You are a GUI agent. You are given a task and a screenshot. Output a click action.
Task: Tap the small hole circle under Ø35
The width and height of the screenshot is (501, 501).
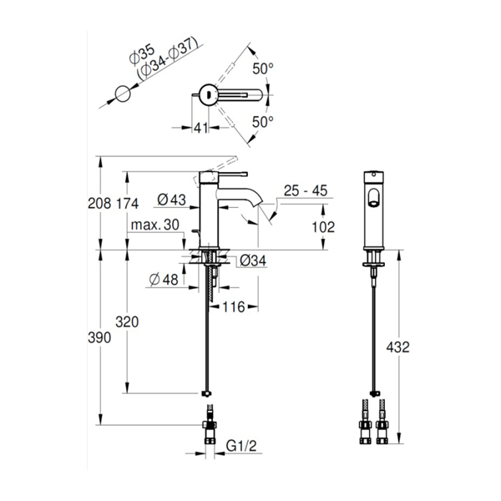pyautogui.click(x=123, y=94)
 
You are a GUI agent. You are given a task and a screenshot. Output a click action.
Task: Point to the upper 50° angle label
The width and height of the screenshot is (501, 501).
pyautogui.click(x=263, y=68)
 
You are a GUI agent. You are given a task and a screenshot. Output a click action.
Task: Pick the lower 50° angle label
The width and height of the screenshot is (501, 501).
pyautogui.click(x=263, y=122)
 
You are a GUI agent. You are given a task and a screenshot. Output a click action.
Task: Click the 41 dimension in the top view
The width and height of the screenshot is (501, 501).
pyautogui.click(x=201, y=128)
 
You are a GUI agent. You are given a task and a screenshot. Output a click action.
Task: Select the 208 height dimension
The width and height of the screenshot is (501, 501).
pyautogui.click(x=99, y=204)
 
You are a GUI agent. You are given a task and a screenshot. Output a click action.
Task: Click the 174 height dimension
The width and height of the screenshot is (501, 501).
pyautogui.click(x=127, y=204)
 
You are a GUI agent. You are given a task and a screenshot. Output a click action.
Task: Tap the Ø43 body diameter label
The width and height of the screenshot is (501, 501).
pyautogui.click(x=171, y=200)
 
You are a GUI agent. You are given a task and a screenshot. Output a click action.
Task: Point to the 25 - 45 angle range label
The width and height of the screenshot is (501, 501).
pyautogui.click(x=306, y=190)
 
